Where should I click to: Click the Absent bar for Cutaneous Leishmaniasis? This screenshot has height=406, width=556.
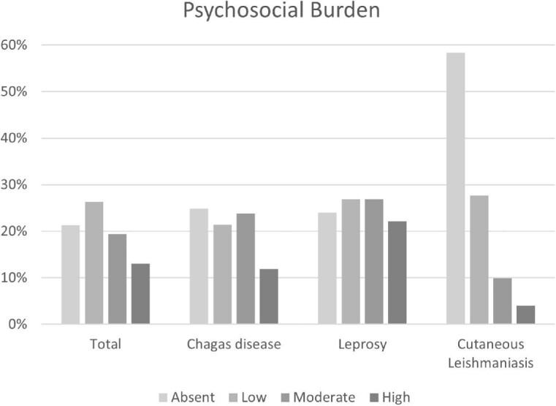(456, 189)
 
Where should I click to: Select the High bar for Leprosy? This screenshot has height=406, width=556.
(397, 273)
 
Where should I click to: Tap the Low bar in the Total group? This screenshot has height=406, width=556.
(94, 263)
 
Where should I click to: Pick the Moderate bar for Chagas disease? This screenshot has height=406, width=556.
(245, 268)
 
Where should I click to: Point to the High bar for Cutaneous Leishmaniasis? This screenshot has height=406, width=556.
(525, 315)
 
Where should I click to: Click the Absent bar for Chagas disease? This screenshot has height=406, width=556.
(199, 266)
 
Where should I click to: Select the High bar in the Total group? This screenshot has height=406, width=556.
(140, 294)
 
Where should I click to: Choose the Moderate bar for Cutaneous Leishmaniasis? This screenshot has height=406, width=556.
(503, 301)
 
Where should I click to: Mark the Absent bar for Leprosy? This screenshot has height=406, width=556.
(327, 268)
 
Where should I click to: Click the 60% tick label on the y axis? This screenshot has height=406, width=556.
(14, 45)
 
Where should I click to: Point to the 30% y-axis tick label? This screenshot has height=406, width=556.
(14, 184)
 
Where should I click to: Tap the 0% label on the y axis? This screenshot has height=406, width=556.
(18, 324)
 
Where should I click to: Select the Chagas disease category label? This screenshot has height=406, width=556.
(234, 345)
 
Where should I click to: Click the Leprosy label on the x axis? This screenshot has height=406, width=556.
(362, 345)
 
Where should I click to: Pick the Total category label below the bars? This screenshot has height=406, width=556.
(105, 345)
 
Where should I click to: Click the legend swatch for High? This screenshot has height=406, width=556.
(375, 397)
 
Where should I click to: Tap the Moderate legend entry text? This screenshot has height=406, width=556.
(324, 397)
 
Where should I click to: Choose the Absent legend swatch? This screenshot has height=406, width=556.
(163, 397)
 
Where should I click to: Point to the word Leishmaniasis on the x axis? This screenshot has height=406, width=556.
(491, 363)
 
